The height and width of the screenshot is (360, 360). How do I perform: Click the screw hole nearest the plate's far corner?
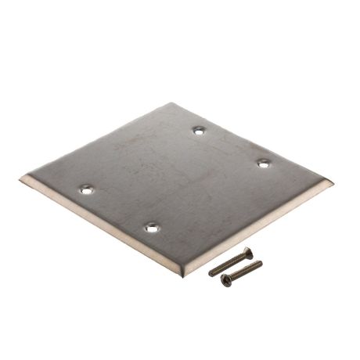pyautogui.click(x=199, y=130)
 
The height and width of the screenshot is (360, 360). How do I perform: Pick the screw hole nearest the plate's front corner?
pyautogui.click(x=150, y=229)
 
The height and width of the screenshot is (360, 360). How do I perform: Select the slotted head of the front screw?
pyautogui.click(x=225, y=279)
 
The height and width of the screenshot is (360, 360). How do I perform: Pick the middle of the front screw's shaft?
pyautogui.click(x=243, y=271)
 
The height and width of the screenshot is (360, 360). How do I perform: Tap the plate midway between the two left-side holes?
pyautogui.click(x=118, y=209)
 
